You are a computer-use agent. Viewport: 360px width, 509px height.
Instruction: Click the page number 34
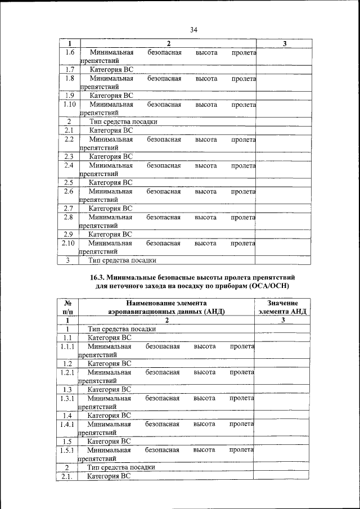coord(193,30)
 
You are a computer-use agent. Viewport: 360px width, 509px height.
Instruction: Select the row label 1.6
coord(70,53)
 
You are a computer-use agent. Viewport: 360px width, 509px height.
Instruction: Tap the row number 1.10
coord(70,105)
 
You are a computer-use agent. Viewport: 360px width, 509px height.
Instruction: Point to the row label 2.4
coord(69,166)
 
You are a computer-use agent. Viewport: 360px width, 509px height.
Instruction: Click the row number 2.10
coord(69,244)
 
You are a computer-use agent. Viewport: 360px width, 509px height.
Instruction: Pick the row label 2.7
coord(69,208)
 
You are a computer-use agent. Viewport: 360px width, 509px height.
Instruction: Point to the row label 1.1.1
coord(67,348)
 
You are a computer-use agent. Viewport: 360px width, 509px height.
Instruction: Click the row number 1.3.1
coord(67,398)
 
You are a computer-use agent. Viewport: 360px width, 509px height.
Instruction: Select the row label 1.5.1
coord(67,450)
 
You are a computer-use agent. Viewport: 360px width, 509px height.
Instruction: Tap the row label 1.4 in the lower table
coord(67,416)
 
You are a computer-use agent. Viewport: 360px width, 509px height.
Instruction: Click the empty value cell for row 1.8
coord(282,83)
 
